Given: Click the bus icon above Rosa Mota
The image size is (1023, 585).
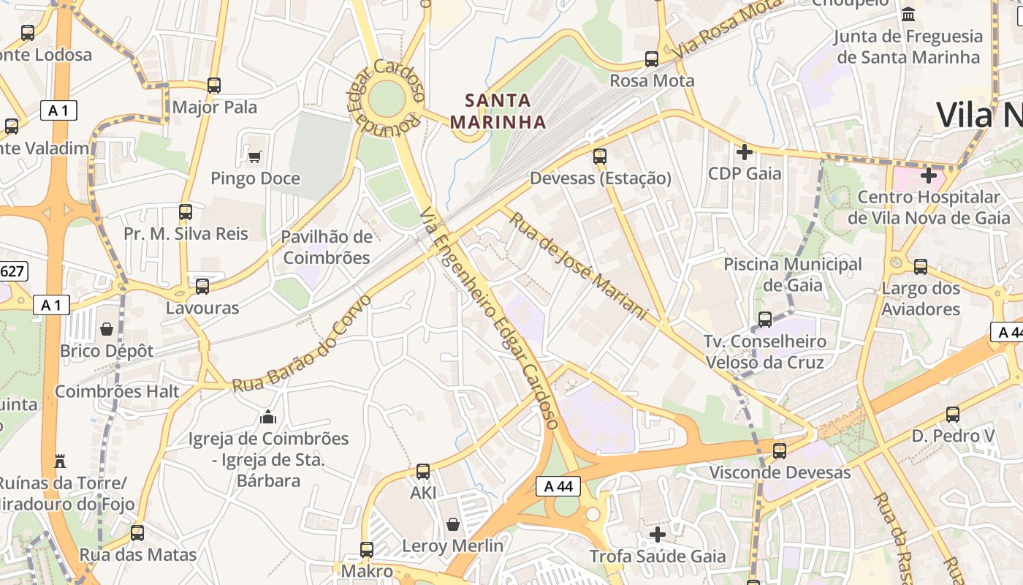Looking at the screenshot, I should click(651, 59).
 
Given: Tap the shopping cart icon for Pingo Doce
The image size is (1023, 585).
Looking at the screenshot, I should click(254, 156).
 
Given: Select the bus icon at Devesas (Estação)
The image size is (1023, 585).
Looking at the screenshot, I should click(600, 156).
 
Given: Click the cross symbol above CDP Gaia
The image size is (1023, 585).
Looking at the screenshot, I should click(745, 152).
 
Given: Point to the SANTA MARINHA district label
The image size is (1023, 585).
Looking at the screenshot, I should click(498, 110).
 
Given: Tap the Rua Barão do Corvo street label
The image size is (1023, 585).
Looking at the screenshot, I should click(302, 344).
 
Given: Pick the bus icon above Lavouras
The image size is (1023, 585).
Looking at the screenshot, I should click(202, 287).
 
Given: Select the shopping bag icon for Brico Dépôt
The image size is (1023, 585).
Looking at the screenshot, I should click(107, 329).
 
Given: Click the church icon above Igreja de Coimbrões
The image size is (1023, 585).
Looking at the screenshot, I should click(268, 417).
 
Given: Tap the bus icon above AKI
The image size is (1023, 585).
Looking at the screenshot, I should click(423, 472).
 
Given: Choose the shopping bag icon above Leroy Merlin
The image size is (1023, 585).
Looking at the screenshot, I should click(453, 524).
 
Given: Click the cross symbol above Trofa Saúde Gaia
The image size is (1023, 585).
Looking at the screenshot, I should click(658, 535).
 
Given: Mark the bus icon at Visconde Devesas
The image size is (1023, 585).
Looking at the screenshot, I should click(780, 451).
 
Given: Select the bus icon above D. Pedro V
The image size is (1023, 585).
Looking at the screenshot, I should click(953, 415).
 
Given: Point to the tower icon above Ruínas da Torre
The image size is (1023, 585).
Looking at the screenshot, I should click(60, 461).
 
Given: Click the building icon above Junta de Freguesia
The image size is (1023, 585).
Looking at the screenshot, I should click(908, 14).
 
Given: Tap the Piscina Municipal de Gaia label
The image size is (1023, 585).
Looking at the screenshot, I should click(793, 274).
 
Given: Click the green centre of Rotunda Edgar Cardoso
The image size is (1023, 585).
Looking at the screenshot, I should click(387, 98).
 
